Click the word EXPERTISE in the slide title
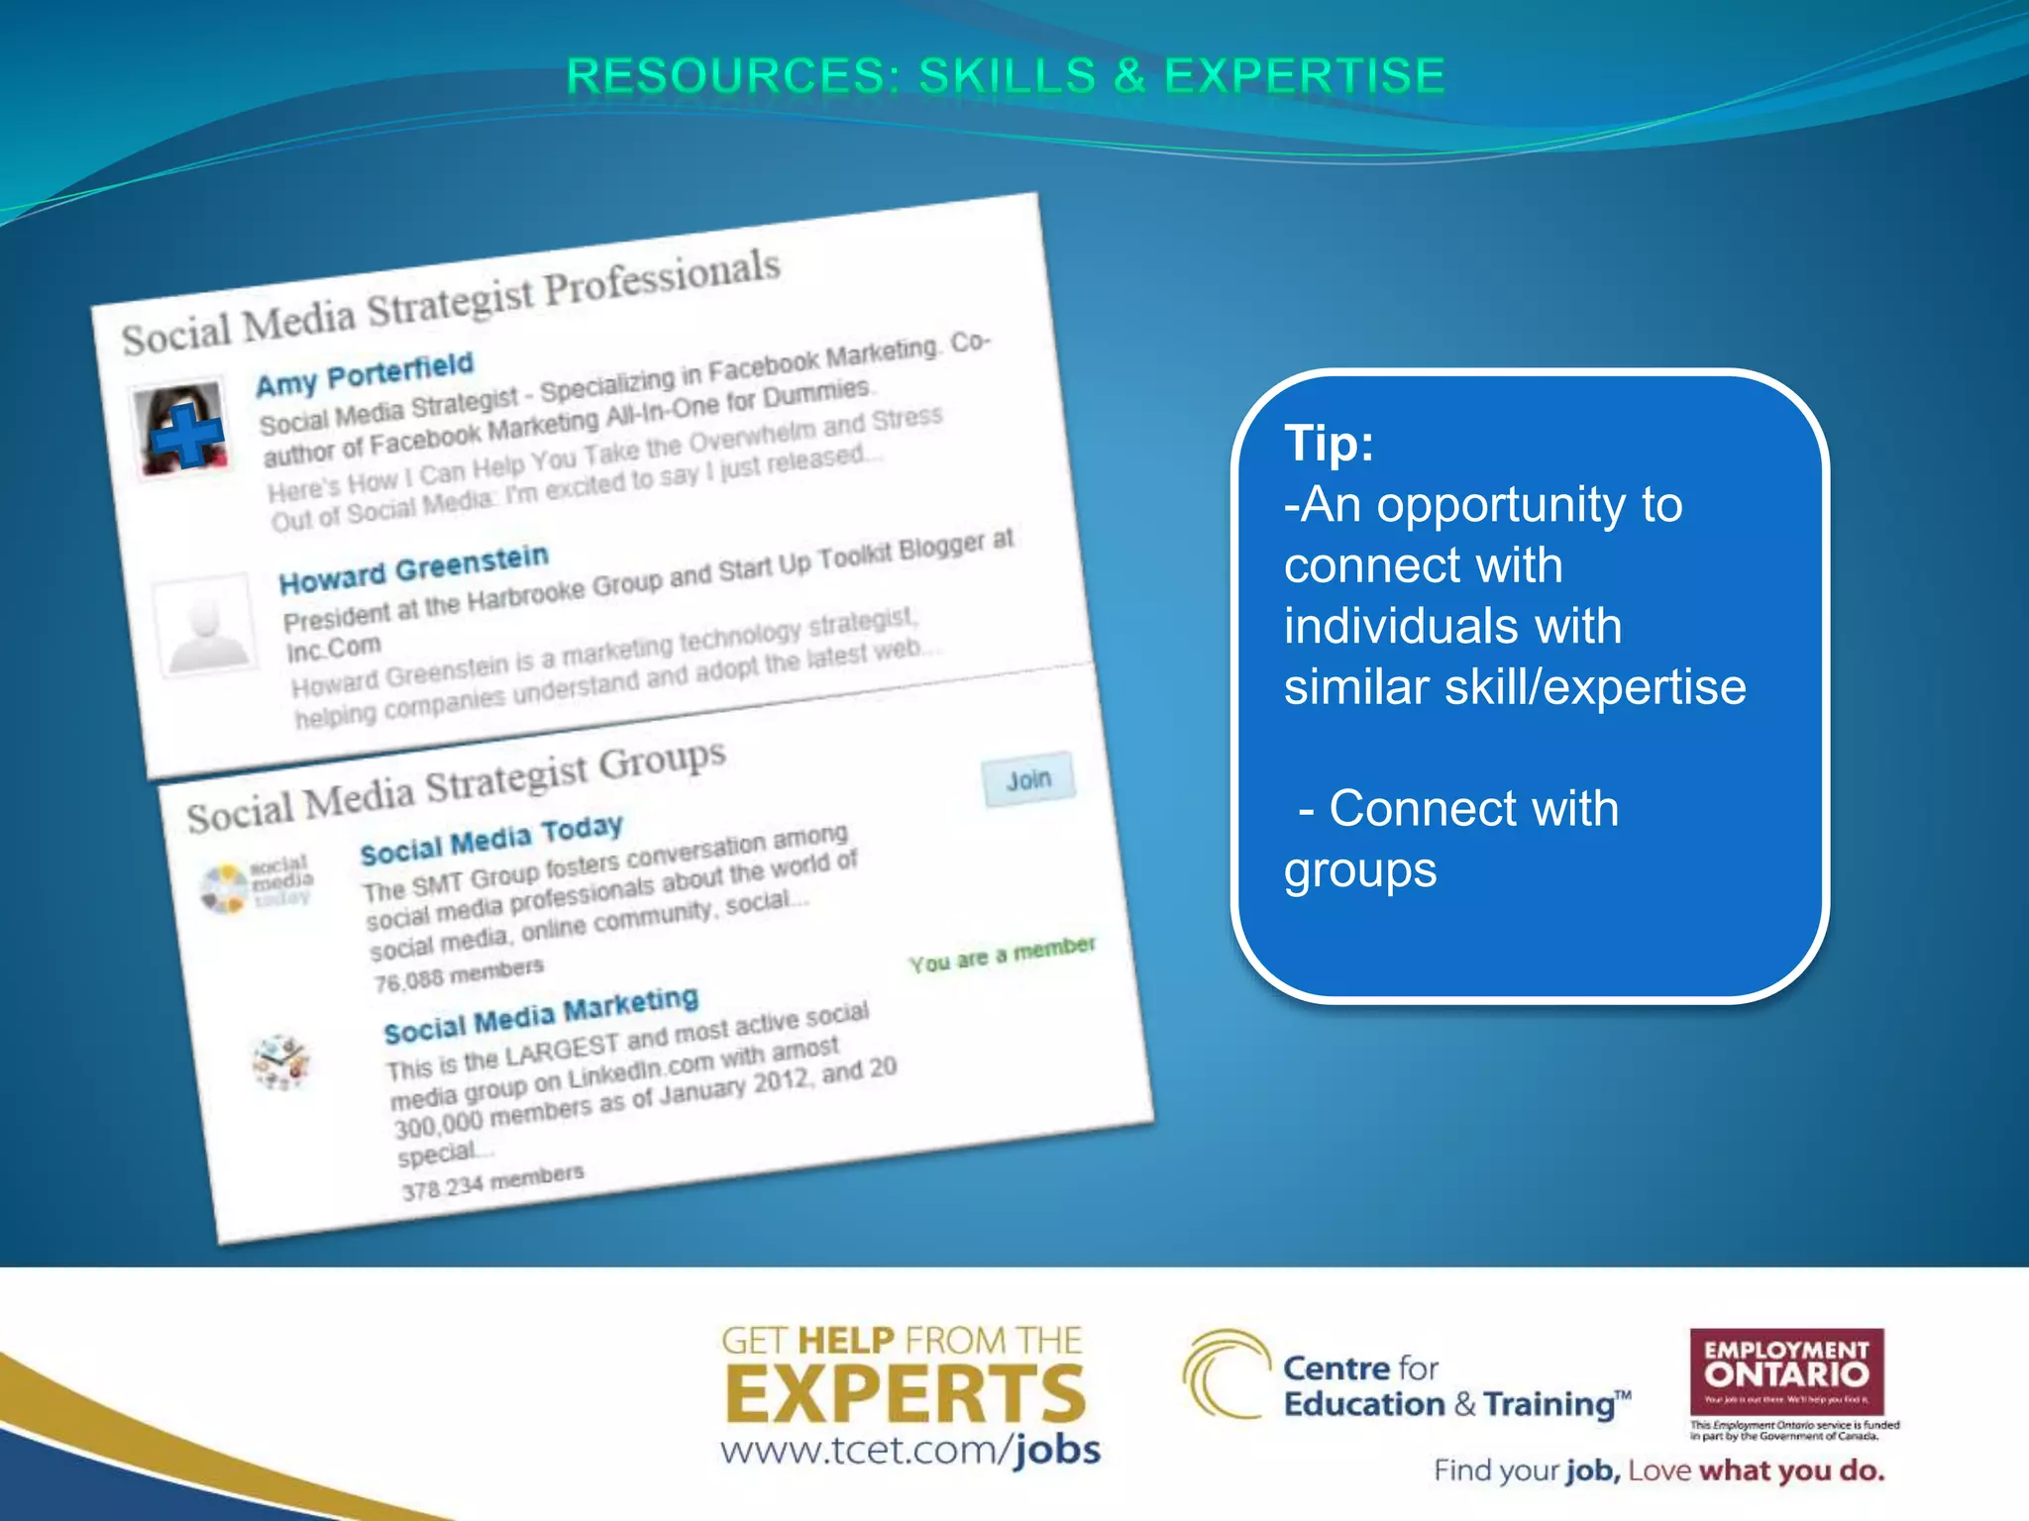(x=1305, y=77)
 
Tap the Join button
(x=1028, y=780)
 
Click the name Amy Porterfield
(x=365, y=373)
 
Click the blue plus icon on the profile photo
(x=187, y=436)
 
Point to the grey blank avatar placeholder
(x=205, y=626)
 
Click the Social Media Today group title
(x=491, y=840)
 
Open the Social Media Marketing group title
(x=541, y=1016)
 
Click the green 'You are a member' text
(x=1002, y=954)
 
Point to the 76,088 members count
(x=459, y=974)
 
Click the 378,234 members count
(x=492, y=1181)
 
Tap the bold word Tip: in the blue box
(x=1329, y=443)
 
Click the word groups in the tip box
(x=1359, y=870)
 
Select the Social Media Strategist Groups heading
(x=456, y=787)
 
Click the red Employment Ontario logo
(x=1786, y=1371)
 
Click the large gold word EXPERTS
(x=906, y=1394)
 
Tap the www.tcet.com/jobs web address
(x=909, y=1451)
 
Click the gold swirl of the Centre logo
(x=1225, y=1373)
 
